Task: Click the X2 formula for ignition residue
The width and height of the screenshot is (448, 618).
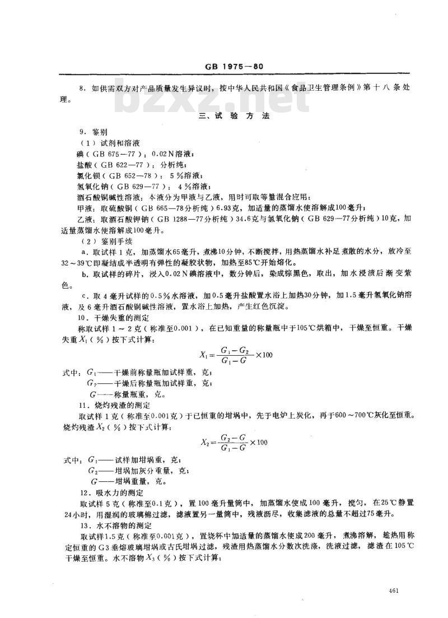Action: pyautogui.click(x=234, y=442)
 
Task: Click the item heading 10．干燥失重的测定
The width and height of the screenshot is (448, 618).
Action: pyautogui.click(x=116, y=318)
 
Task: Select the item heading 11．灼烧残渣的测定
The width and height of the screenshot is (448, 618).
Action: pyautogui.click(x=116, y=404)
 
